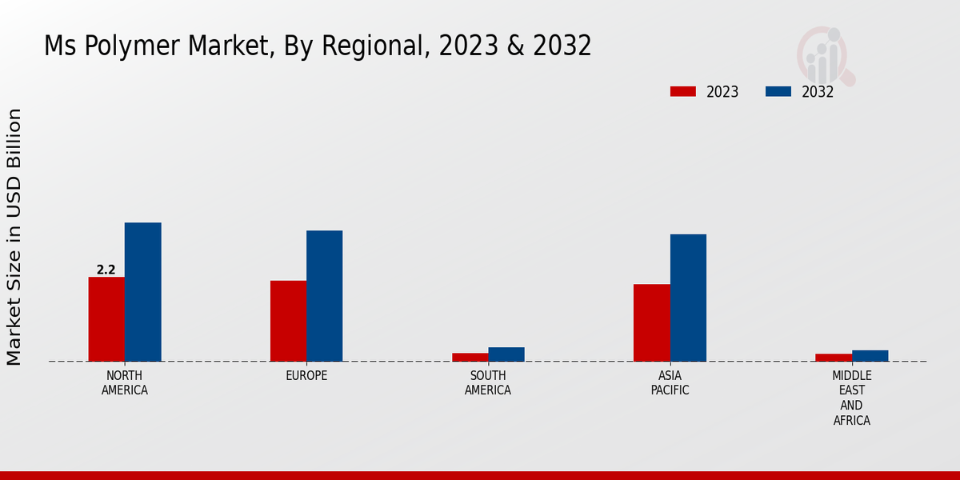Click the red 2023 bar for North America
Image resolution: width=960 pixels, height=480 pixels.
106,319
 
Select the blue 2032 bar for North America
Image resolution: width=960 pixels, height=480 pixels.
142,292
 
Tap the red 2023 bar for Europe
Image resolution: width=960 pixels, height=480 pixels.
288,321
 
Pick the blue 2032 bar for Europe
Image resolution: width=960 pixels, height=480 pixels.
324,296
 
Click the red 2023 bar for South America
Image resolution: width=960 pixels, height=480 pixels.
470,357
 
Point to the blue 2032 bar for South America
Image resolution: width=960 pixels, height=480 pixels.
506,354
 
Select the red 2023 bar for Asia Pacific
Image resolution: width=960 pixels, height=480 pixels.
651,322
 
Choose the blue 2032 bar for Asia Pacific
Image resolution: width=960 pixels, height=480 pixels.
688,298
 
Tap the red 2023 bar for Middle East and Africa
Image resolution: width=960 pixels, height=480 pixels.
834,358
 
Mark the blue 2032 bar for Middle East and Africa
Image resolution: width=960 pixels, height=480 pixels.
870,356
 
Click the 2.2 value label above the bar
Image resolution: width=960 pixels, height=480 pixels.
106,270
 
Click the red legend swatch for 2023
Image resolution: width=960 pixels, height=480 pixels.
682,91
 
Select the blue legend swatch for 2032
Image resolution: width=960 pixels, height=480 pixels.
778,91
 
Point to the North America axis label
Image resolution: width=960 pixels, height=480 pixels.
124,383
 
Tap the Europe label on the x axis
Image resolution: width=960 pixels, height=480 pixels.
306,376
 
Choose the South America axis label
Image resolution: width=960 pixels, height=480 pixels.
488,383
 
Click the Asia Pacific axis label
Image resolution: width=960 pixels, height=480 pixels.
670,383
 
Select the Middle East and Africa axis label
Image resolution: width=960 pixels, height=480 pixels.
851,398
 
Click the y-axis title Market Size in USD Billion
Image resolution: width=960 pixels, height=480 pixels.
14,237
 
